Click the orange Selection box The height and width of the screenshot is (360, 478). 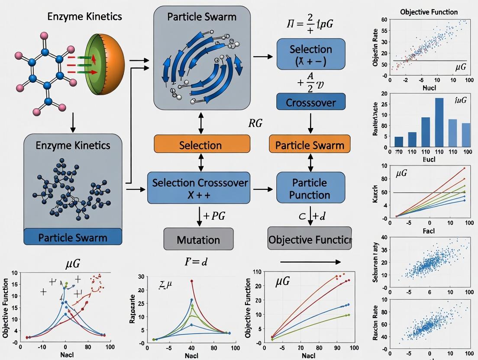[x=202, y=144]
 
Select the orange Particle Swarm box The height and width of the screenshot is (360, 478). [x=310, y=144]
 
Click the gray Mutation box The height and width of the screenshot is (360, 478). [x=198, y=239]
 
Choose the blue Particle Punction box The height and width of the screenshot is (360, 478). [x=310, y=188]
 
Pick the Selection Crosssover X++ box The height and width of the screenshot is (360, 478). [x=199, y=188]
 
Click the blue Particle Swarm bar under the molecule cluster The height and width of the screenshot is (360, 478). [x=73, y=237]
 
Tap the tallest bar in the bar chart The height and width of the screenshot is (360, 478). [x=439, y=122]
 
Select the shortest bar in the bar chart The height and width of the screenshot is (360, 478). [x=399, y=141]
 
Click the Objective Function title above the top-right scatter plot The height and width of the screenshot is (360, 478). [x=429, y=12]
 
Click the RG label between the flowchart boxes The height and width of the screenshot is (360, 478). [x=255, y=124]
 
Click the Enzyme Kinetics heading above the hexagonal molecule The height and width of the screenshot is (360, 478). [x=84, y=17]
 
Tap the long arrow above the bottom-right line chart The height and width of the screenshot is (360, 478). [x=310, y=262]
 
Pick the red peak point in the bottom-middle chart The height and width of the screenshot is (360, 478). [x=191, y=281]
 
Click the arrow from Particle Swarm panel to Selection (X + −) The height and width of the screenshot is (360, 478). [x=263, y=57]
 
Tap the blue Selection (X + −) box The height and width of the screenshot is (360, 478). [x=310, y=54]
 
